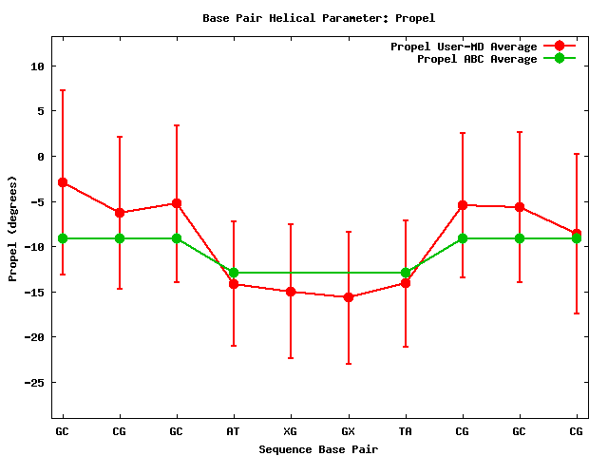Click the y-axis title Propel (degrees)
(x=12, y=229)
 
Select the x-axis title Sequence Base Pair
(x=318, y=448)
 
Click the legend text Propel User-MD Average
(x=464, y=47)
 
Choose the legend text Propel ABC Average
(x=477, y=59)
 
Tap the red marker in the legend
(x=560, y=47)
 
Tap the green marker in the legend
(x=560, y=59)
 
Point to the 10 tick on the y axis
(x=38, y=66)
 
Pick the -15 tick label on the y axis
(x=35, y=292)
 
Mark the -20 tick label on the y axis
(x=35, y=337)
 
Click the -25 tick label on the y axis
(x=35, y=382)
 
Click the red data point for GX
(x=349, y=297)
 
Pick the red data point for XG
(x=291, y=292)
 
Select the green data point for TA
(x=406, y=273)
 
